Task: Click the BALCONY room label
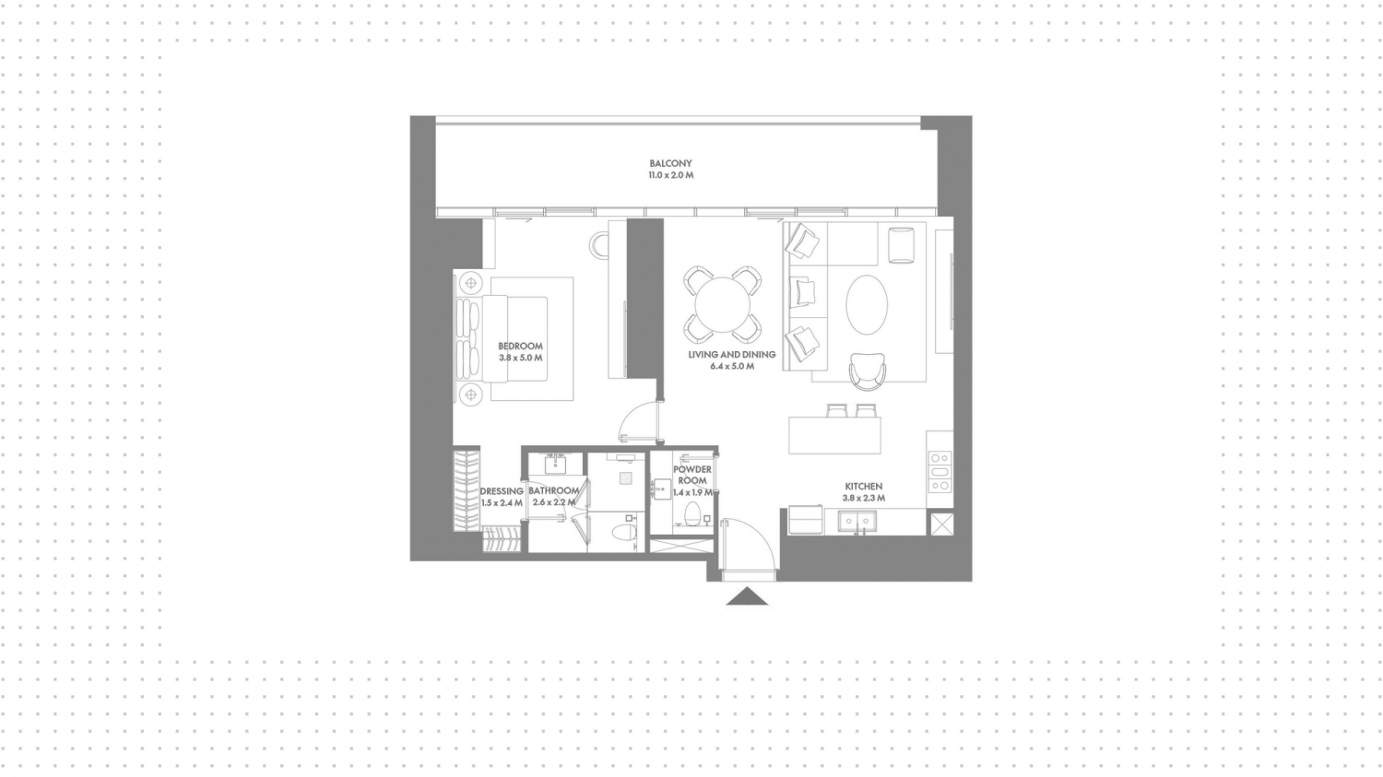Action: click(x=670, y=163)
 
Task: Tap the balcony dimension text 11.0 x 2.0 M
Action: click(x=670, y=175)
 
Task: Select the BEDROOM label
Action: click(x=521, y=347)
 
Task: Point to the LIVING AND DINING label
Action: click(x=732, y=355)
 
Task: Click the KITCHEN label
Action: click(x=864, y=487)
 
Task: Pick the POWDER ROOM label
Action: click(x=692, y=476)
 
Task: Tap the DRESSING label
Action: click(x=502, y=491)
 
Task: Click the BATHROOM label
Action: click(x=554, y=491)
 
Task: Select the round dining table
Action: click(x=722, y=304)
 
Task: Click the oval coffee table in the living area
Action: click(x=867, y=305)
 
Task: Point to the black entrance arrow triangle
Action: click(x=747, y=596)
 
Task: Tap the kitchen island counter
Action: click(x=834, y=435)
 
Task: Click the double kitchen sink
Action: click(x=857, y=522)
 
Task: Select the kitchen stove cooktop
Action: click(x=940, y=472)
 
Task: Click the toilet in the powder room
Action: click(x=692, y=514)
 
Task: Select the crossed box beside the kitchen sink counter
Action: click(x=941, y=524)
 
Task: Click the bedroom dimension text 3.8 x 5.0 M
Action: click(x=521, y=358)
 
